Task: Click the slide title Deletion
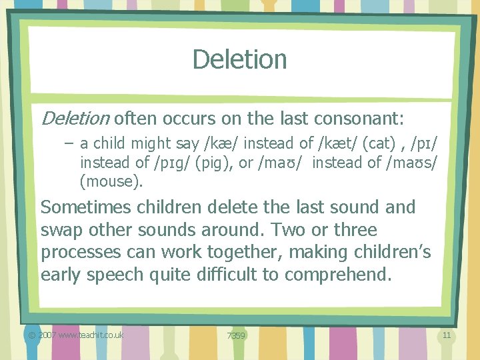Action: click(239, 59)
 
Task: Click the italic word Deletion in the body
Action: click(75, 119)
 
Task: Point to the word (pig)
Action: click(211, 162)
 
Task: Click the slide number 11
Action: click(447, 335)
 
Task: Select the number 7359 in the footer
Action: click(236, 335)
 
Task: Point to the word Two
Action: click(288, 230)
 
